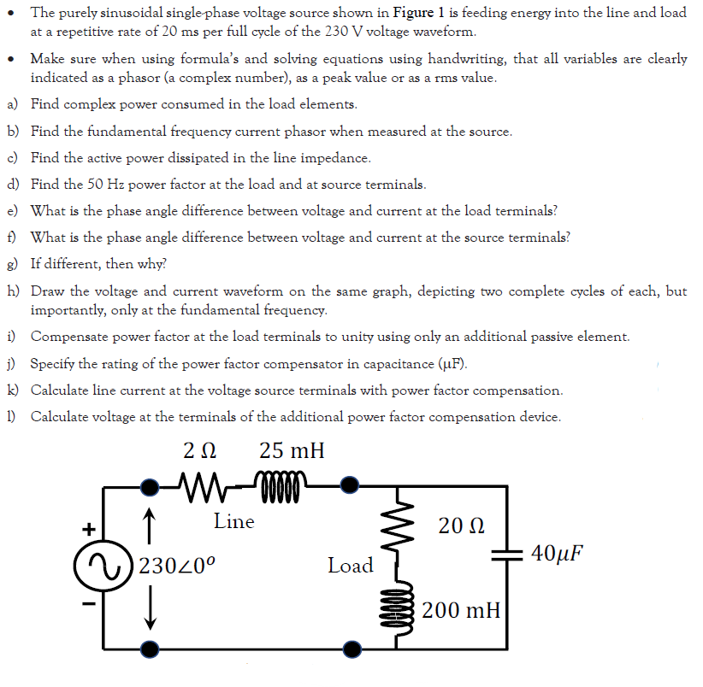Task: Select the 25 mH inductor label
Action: click(x=292, y=450)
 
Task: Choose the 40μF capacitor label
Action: click(x=557, y=551)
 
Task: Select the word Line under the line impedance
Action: click(x=233, y=520)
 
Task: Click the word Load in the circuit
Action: click(x=351, y=566)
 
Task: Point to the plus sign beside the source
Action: click(x=86, y=527)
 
